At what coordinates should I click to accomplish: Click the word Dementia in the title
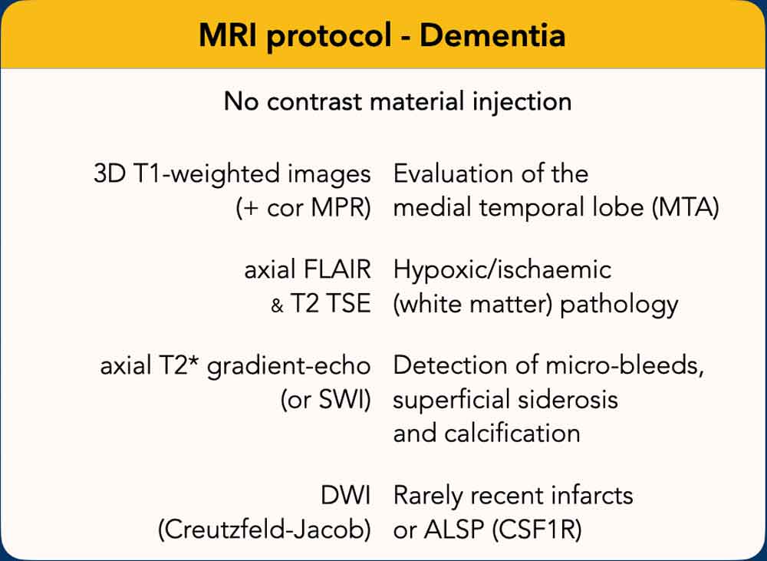point(492,35)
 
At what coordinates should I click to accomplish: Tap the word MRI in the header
point(229,35)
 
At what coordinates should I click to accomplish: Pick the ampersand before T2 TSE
point(278,306)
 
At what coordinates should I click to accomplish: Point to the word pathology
point(619,305)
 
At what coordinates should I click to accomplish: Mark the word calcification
point(512,434)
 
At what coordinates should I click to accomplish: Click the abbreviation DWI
point(345,496)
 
